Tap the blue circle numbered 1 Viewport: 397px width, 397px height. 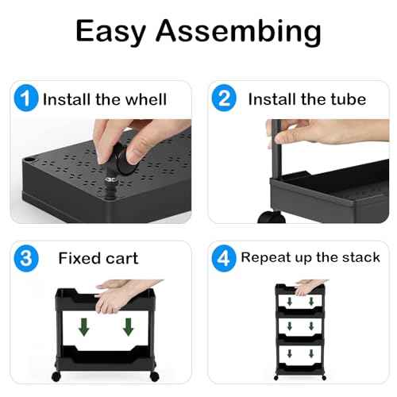[26, 99]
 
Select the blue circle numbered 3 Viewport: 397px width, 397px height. [26, 258]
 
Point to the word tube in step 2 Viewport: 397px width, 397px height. [349, 100]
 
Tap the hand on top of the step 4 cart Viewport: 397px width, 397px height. [306, 284]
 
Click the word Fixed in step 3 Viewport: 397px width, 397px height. [78, 259]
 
